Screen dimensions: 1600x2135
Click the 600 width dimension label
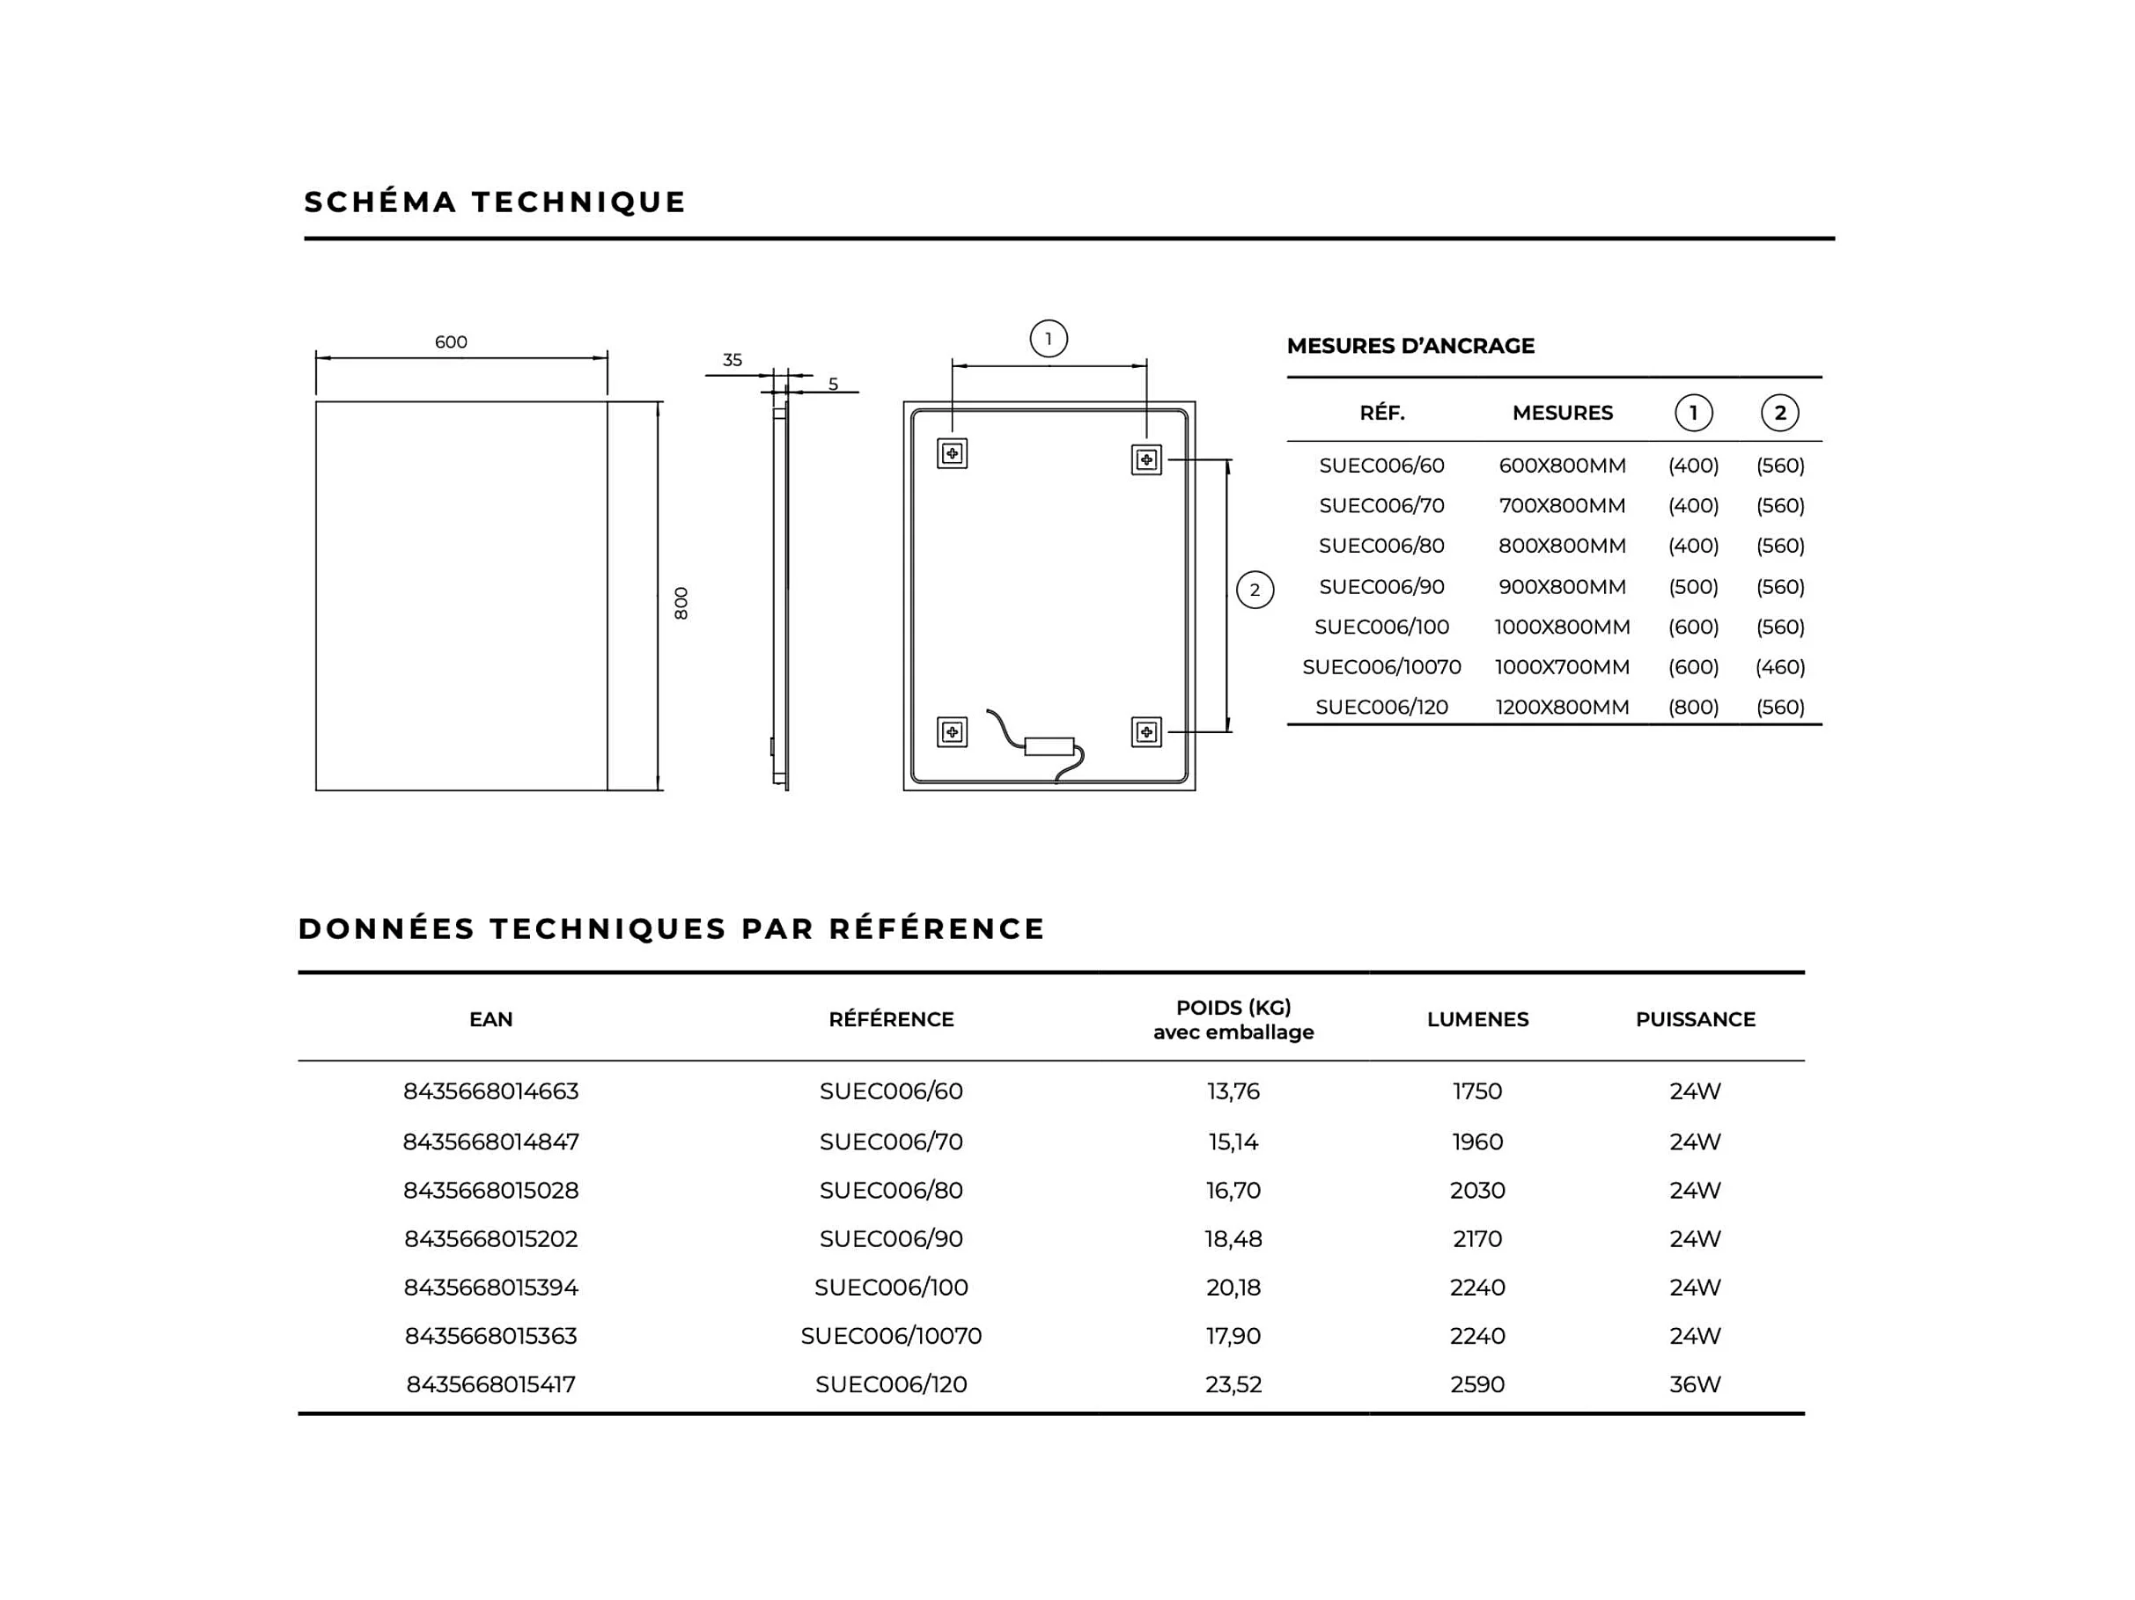451,341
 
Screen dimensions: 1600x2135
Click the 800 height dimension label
681,603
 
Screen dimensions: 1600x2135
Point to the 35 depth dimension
733,360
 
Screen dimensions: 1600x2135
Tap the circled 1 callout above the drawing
1049,339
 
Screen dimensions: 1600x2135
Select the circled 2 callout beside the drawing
1255,590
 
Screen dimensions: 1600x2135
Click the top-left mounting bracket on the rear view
952,453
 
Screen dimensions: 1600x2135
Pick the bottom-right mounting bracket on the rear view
1145,732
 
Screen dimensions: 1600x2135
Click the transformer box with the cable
1049,746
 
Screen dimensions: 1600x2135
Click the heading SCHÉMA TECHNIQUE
494,202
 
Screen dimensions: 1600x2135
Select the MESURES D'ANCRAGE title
1410,346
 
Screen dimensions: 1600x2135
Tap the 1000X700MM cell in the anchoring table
1562,667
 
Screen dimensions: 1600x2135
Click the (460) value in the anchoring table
1780,667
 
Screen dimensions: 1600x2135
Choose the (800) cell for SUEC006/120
1693,708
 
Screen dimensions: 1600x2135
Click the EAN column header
490,1019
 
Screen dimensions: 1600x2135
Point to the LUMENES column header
1476,1019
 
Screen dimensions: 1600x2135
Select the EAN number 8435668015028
490,1190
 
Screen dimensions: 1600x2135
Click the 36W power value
1695,1383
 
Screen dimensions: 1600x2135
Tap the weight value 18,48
1233,1238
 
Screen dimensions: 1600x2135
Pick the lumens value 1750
1476,1090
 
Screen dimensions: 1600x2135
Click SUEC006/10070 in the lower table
890,1336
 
